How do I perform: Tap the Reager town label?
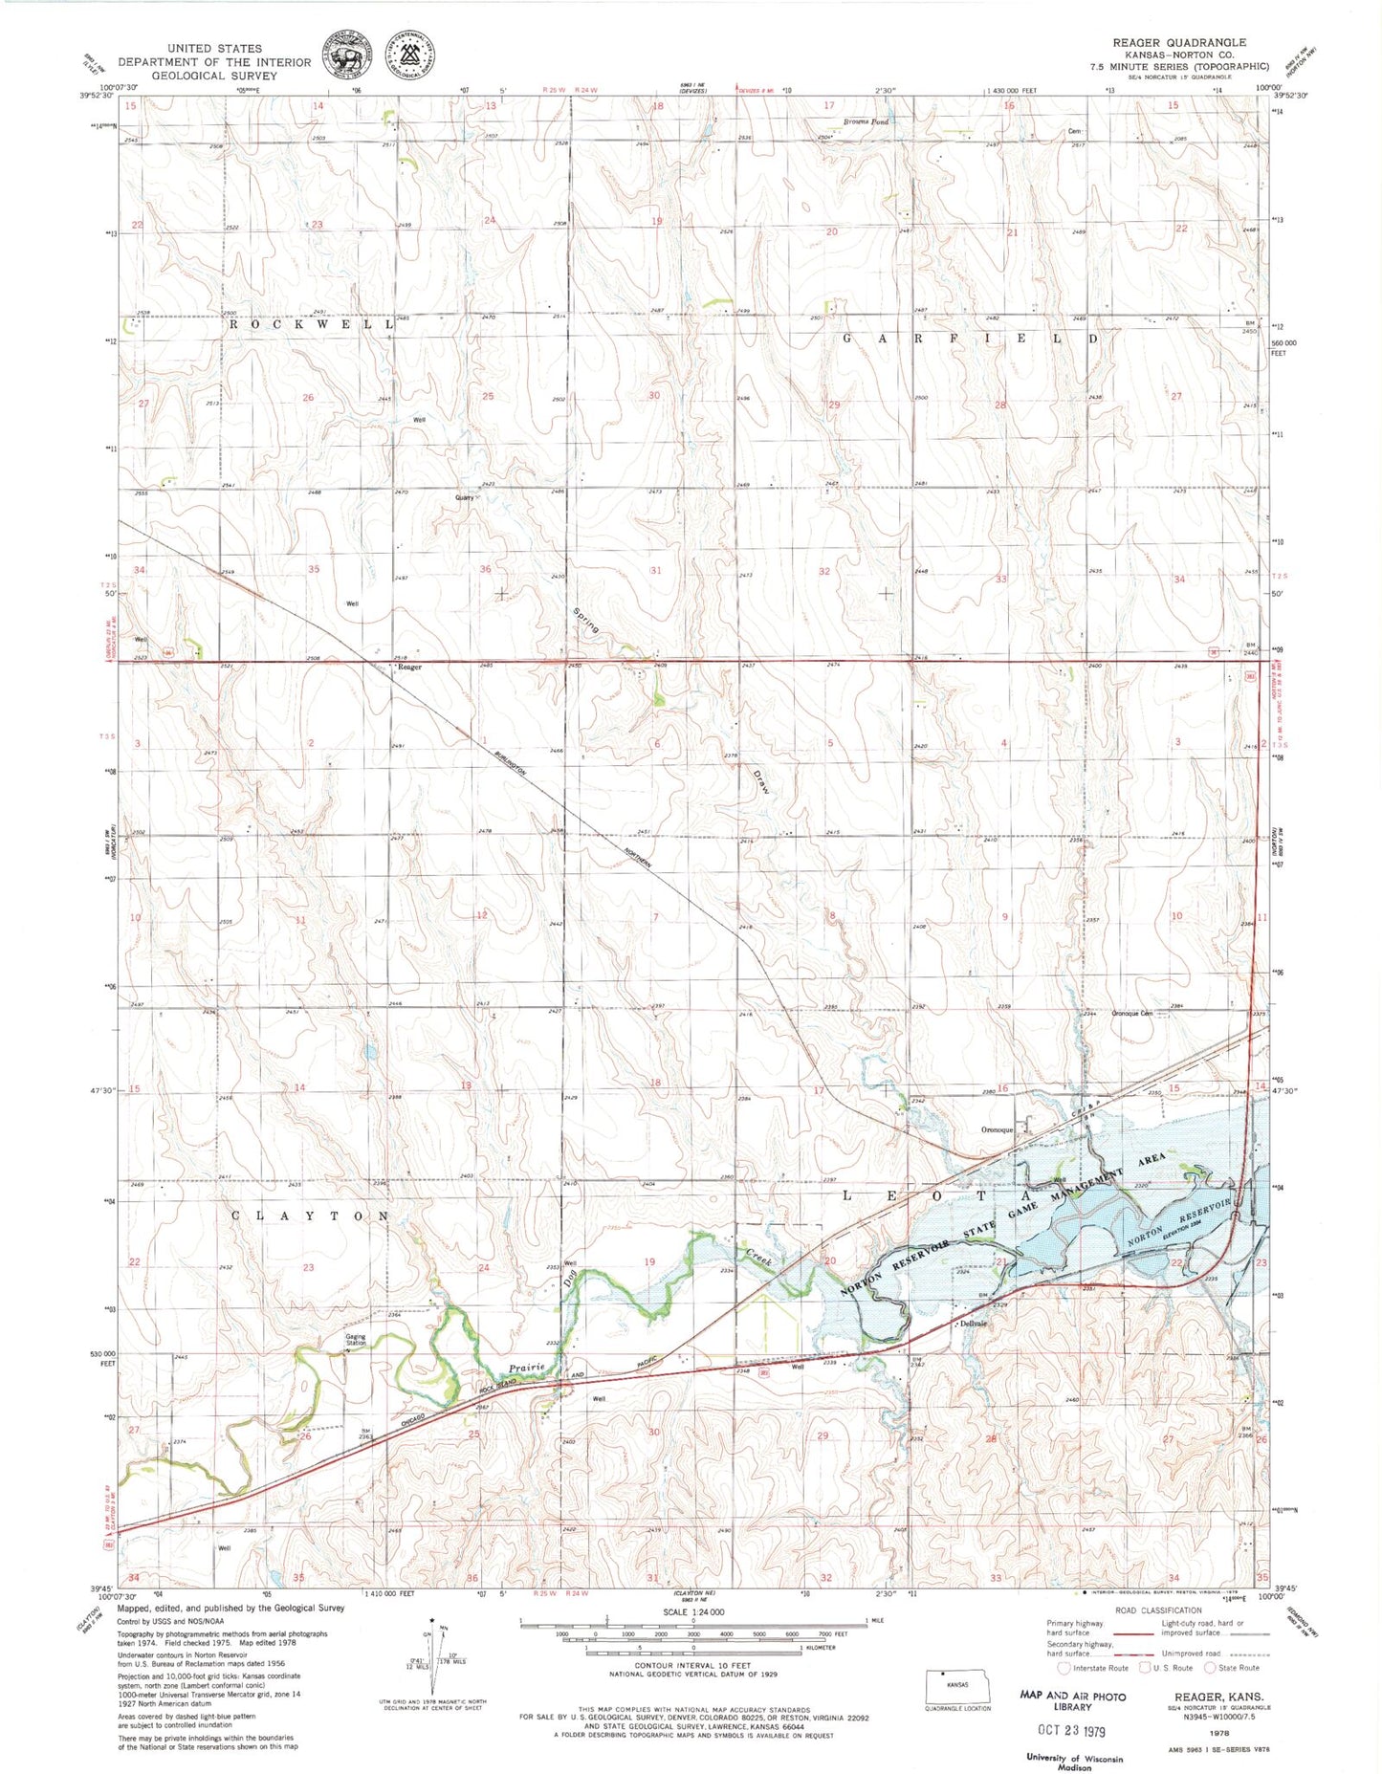click(x=410, y=668)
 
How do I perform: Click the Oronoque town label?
click(x=997, y=1129)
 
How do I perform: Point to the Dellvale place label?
click(x=973, y=1325)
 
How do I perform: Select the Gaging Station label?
click(x=356, y=1341)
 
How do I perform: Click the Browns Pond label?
click(x=866, y=122)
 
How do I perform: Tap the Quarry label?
click(x=465, y=498)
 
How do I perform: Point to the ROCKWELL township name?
click(x=311, y=324)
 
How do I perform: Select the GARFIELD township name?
click(x=970, y=339)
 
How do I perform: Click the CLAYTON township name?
click(x=311, y=1216)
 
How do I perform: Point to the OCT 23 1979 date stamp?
click(x=1071, y=1729)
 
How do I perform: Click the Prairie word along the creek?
click(x=526, y=1368)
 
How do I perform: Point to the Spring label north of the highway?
click(x=586, y=621)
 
